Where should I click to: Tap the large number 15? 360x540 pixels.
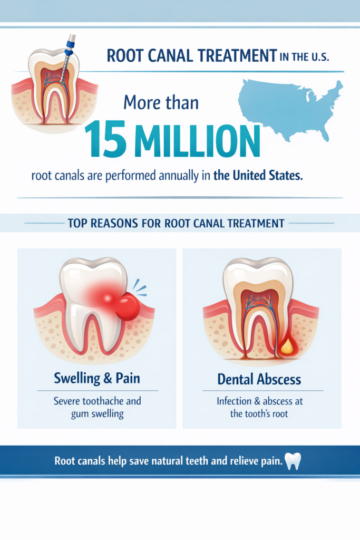coord(104,139)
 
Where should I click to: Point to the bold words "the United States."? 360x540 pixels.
coord(258,176)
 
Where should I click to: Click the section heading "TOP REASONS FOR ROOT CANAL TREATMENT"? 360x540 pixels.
coord(176,223)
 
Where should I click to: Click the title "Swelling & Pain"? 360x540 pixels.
coord(97,378)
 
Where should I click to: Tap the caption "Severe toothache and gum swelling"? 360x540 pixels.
coord(97,407)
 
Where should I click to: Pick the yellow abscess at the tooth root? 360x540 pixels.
coord(287,346)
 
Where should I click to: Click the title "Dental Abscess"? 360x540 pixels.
coord(259,379)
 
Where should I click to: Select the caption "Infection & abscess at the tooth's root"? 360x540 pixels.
coord(259,407)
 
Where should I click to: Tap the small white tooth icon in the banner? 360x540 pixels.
coord(293,460)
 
